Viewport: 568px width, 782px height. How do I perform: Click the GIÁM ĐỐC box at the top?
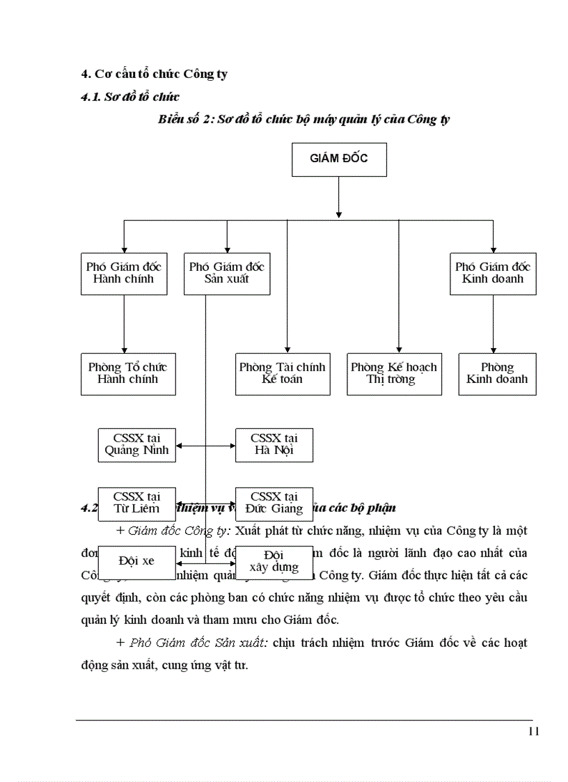click(338, 159)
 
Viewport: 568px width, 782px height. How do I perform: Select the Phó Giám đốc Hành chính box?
click(124, 273)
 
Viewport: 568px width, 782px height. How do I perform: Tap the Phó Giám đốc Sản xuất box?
click(227, 273)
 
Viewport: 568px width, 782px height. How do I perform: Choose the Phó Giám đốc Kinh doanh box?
click(493, 273)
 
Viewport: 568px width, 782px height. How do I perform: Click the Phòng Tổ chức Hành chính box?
click(128, 374)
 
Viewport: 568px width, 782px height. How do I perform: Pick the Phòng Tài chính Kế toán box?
click(283, 374)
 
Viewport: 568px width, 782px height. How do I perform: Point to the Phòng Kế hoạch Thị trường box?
click(394, 374)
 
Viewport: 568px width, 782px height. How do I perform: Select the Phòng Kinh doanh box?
click(497, 374)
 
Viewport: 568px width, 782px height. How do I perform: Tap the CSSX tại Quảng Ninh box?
click(136, 444)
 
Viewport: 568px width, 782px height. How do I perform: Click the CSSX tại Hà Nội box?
click(274, 444)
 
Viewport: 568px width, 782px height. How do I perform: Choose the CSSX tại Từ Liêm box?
click(136, 503)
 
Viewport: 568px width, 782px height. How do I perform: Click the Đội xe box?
click(136, 561)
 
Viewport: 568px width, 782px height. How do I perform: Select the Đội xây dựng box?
click(274, 561)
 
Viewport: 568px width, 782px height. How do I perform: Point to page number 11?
click(534, 730)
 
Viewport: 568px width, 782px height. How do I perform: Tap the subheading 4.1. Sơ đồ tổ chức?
click(130, 97)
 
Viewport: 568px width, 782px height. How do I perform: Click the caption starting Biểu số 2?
click(303, 119)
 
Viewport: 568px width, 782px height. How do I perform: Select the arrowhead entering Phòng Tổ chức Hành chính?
click(124, 349)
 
